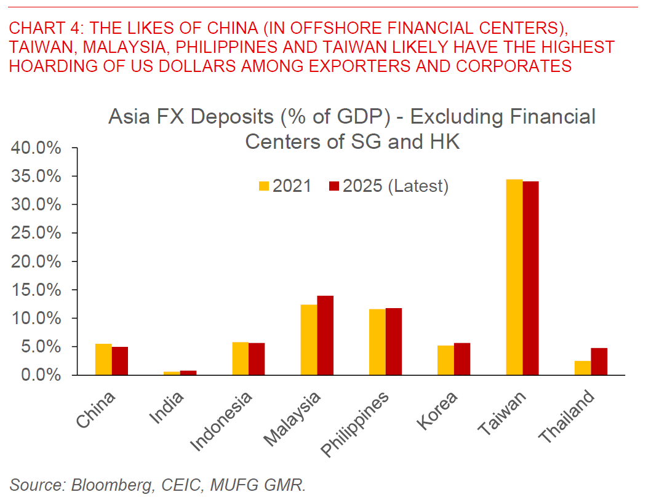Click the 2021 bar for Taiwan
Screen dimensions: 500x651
point(514,277)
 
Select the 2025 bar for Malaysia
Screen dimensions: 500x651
point(325,335)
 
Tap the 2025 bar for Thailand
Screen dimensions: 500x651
point(599,361)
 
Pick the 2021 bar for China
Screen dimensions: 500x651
point(103,359)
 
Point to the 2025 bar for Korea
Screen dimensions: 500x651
point(462,359)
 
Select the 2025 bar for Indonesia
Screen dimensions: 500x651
point(257,359)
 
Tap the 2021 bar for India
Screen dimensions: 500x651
point(172,373)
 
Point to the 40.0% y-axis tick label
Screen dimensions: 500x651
point(36,148)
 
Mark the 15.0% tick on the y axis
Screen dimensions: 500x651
point(36,290)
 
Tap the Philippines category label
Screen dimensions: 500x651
point(356,424)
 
